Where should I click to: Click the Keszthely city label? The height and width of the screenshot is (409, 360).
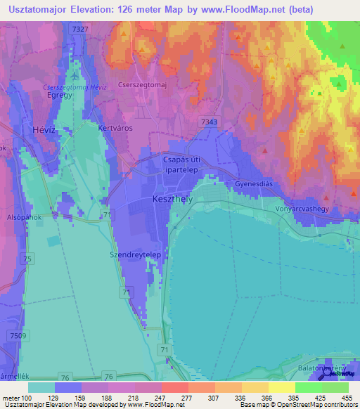click(x=169, y=200)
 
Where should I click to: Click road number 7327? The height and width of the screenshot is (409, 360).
click(x=80, y=28)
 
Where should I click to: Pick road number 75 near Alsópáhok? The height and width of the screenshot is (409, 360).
click(x=27, y=259)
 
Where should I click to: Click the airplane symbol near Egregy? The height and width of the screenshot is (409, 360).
click(x=75, y=74)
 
